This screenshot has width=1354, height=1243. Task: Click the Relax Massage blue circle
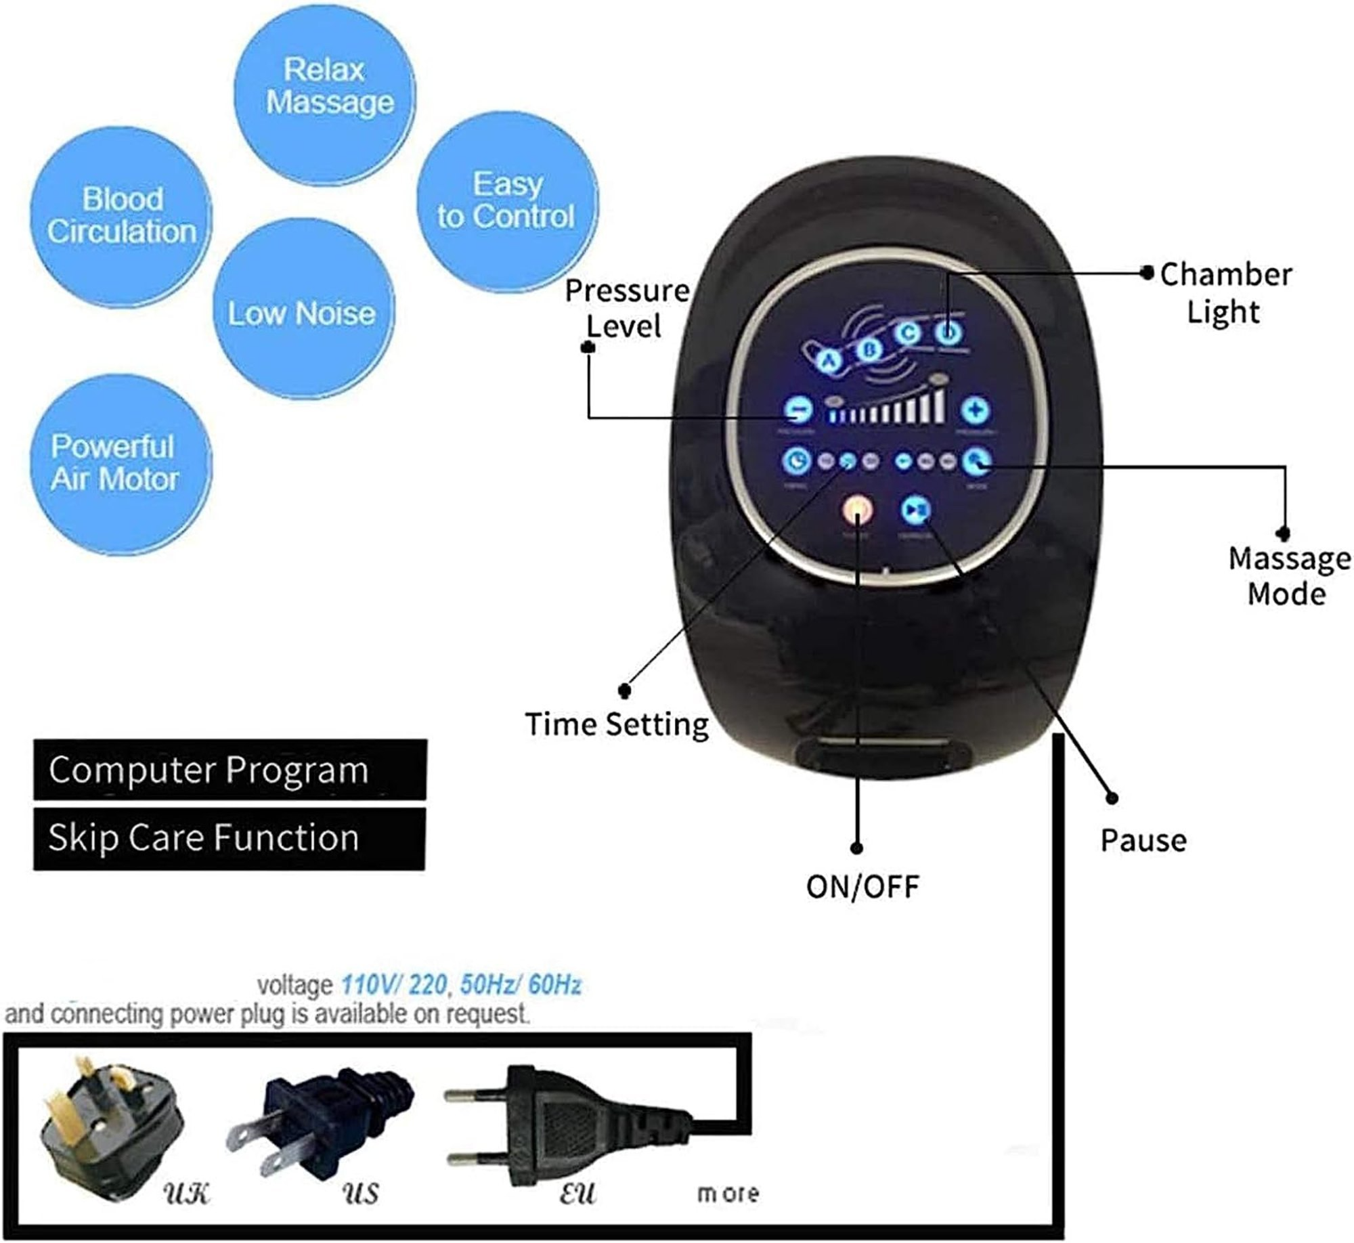(x=325, y=87)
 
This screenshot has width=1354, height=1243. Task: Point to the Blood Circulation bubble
(x=121, y=215)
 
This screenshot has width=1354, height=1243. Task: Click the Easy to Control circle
(x=506, y=202)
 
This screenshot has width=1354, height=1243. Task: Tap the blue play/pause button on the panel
(x=915, y=509)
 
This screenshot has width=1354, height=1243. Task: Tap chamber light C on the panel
(x=907, y=333)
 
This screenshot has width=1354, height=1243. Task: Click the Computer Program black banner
(x=230, y=770)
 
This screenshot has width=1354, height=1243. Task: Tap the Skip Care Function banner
(x=230, y=838)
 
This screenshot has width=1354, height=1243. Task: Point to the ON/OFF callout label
(x=862, y=886)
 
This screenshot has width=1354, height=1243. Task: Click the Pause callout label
(x=1143, y=840)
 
